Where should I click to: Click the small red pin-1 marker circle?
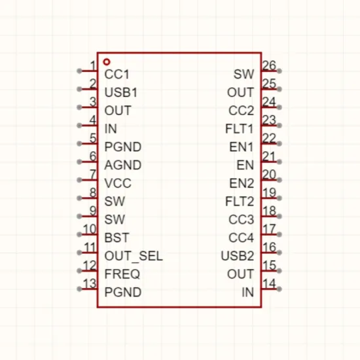point(107,62)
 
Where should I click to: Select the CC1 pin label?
point(117,75)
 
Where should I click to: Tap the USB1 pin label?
point(121,92)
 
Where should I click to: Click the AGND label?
point(123,165)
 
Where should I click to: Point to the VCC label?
point(118,183)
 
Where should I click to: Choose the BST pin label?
point(117,238)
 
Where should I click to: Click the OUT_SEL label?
point(134,256)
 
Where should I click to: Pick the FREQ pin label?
point(122,274)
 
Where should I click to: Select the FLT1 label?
point(240,128)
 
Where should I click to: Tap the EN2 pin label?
point(242,183)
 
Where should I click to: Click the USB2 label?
point(238,256)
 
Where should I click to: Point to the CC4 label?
point(242,238)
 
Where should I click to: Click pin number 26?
point(269,65)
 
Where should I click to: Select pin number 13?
point(90,283)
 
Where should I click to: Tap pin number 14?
point(269,283)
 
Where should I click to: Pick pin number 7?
point(93,175)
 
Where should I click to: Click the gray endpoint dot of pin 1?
point(79,71)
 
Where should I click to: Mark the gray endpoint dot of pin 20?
point(279,180)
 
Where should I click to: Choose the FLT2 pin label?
point(240,202)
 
